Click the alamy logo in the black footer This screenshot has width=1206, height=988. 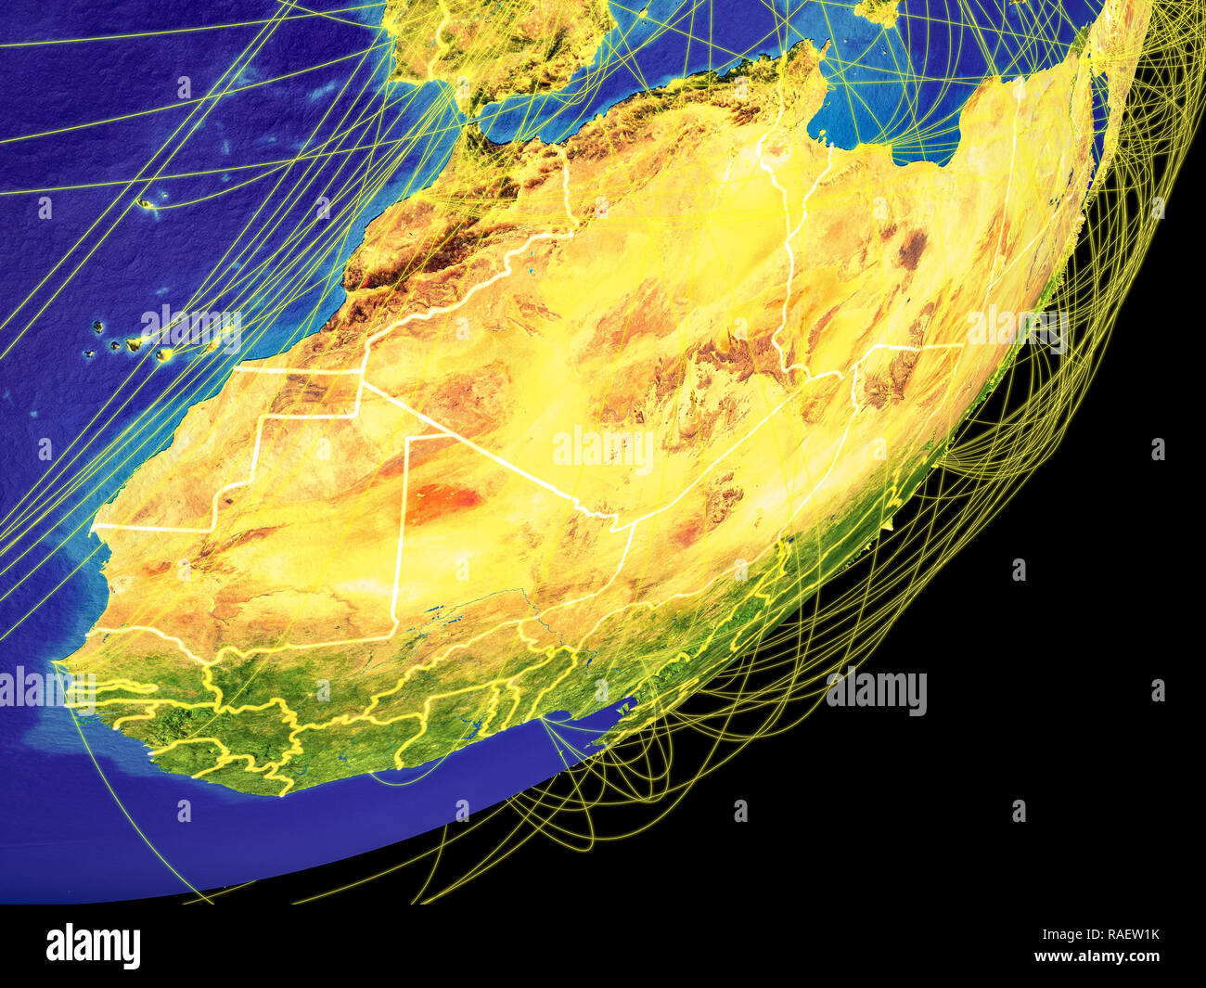coord(94,945)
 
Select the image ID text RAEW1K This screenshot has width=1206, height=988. coord(1127,934)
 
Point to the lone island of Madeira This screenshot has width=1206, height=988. coord(146,203)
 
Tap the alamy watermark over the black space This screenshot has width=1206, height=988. coord(876,692)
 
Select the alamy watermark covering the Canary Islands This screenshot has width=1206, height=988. coord(190,329)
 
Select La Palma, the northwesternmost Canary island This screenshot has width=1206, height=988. coord(96,327)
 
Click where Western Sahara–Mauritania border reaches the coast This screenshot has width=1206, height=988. coord(93,527)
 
